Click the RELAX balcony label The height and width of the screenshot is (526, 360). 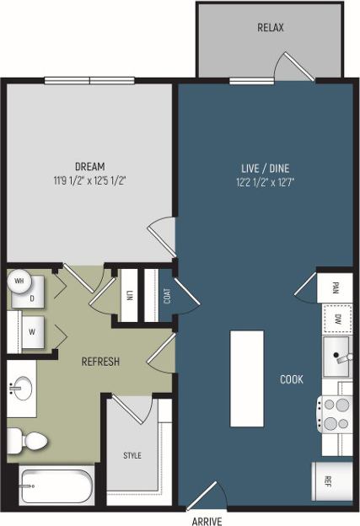click(270, 28)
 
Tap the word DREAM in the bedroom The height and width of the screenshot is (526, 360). click(89, 166)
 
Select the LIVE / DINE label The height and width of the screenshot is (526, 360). click(265, 166)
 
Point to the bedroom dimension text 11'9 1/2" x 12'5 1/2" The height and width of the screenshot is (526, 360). click(89, 180)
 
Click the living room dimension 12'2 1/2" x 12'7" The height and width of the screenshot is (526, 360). click(265, 180)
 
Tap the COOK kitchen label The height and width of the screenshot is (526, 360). click(292, 379)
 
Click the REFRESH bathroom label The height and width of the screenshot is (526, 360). click(100, 362)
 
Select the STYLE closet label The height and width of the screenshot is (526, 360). click(132, 455)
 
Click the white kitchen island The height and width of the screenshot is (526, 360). click(247, 378)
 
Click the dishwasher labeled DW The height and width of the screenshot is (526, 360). click(336, 319)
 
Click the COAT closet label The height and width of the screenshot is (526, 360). click(167, 296)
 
